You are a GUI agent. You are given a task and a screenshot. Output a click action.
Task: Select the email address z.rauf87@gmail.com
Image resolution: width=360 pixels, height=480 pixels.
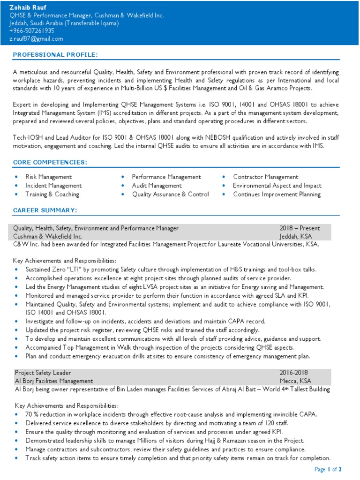click(x=36, y=39)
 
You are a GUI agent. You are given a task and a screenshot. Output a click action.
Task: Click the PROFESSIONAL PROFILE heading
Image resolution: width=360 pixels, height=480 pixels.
click(x=55, y=55)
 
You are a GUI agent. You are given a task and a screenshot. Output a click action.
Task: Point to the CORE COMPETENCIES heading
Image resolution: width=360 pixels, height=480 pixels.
click(x=50, y=162)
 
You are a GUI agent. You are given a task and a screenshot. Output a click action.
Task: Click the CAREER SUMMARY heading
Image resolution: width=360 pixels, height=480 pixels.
click(x=45, y=210)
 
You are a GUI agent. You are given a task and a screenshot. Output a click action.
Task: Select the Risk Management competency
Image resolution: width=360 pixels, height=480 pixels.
click(x=49, y=177)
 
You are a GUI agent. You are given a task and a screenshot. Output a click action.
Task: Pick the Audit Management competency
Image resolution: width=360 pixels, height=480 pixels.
click(x=157, y=186)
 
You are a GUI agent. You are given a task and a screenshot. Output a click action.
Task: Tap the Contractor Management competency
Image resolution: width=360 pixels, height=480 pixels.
click(x=265, y=177)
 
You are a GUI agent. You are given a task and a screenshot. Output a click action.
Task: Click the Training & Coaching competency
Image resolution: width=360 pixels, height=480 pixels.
click(x=52, y=194)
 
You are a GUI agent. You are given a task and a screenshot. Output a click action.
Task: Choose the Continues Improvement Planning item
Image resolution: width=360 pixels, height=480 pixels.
click(x=277, y=194)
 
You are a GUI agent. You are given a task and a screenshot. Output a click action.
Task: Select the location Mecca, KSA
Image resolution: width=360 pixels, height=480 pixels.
click(x=295, y=381)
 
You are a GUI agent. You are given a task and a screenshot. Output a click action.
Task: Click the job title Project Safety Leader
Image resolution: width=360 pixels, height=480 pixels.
click(x=43, y=372)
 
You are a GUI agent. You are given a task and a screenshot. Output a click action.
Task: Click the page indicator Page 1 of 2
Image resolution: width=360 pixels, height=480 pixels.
click(x=328, y=469)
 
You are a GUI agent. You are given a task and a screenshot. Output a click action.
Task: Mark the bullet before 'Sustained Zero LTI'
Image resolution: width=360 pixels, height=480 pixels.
click(x=17, y=270)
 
